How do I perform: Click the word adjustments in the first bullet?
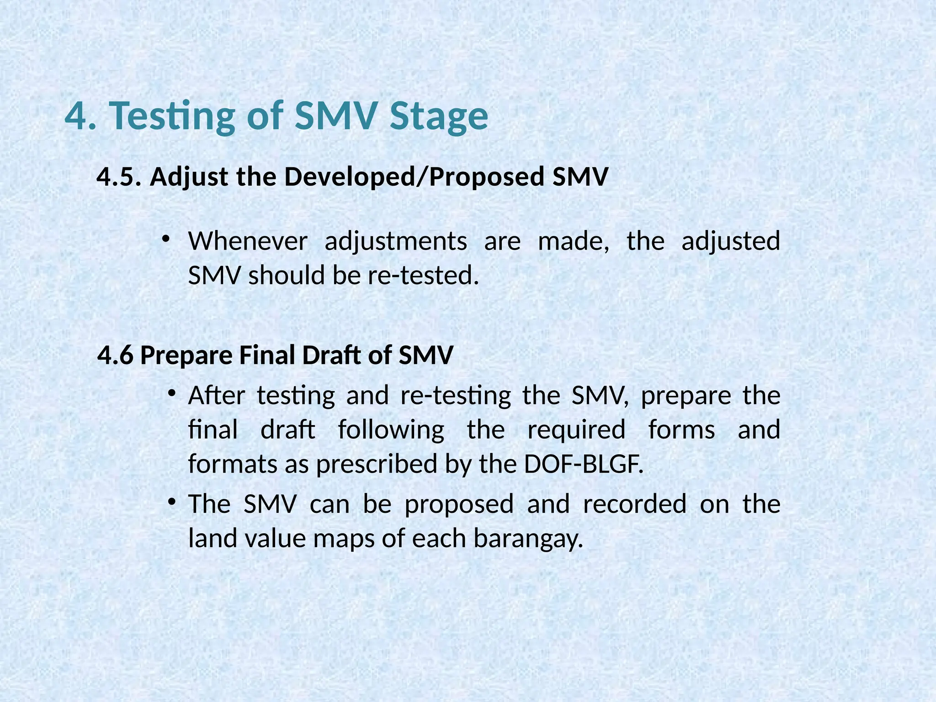tap(396, 242)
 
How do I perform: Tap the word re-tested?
tap(423, 276)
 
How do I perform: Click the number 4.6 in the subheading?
tap(116, 355)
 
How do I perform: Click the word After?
tap(217, 395)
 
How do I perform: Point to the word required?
tap(576, 431)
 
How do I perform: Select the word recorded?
tap(635, 504)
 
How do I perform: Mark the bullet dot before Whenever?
tap(166, 239)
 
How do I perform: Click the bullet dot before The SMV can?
tap(171, 502)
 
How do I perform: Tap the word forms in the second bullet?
tap(681, 431)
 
